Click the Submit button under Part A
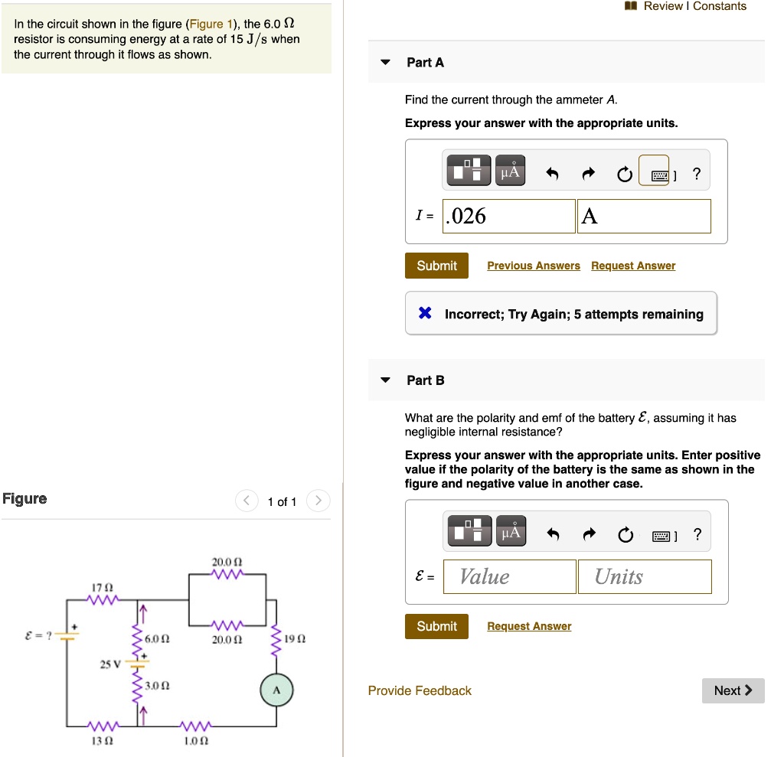pyautogui.click(x=436, y=266)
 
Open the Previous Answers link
pyautogui.click(x=533, y=266)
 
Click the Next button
pyautogui.click(x=733, y=690)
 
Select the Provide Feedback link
pyautogui.click(x=420, y=690)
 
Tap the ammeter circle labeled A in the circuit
pyautogui.click(x=276, y=691)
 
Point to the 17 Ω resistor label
pyautogui.click(x=102, y=587)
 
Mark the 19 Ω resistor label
pyautogui.click(x=295, y=638)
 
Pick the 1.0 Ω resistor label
pyautogui.click(x=197, y=741)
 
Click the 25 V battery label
pyautogui.click(x=109, y=664)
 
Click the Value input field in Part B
pyautogui.click(x=518, y=576)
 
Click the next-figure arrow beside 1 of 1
pyautogui.click(x=318, y=501)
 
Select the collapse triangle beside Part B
pyautogui.click(x=386, y=380)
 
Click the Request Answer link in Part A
pyautogui.click(x=633, y=266)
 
